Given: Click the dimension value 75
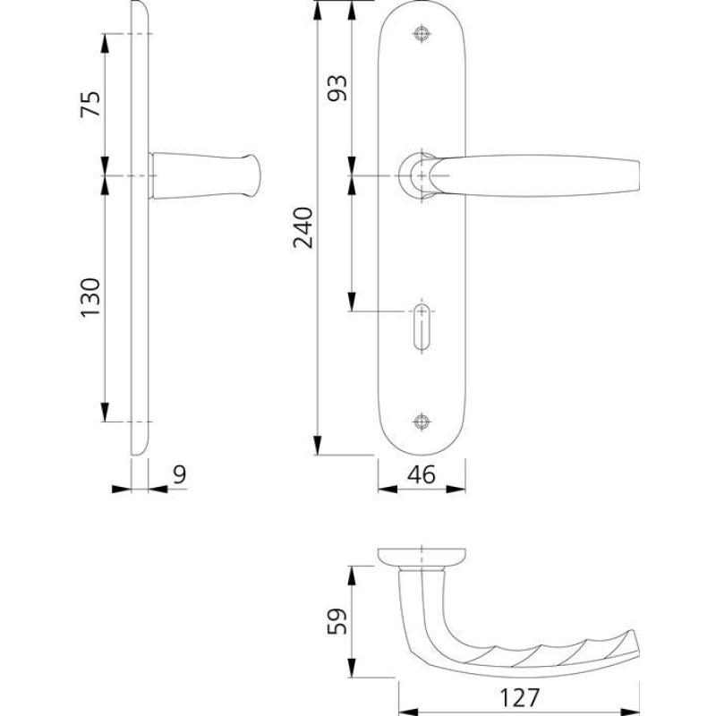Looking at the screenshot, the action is click(x=90, y=104).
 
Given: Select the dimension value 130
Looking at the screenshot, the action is click(x=90, y=297).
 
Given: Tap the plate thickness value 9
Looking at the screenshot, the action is click(x=180, y=475).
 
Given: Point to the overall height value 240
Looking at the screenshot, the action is click(x=303, y=227).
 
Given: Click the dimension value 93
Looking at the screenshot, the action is click(x=337, y=88).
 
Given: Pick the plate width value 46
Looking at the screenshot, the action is click(x=422, y=475).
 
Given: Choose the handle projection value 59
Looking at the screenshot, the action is click(x=337, y=621).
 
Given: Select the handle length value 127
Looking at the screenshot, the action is click(x=520, y=698).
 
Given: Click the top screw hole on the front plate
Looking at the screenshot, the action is click(x=422, y=34).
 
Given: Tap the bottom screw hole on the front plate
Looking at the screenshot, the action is click(x=422, y=422).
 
